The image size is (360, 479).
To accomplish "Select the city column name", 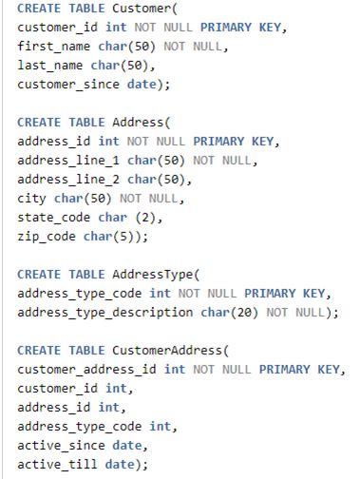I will coord(32,199).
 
